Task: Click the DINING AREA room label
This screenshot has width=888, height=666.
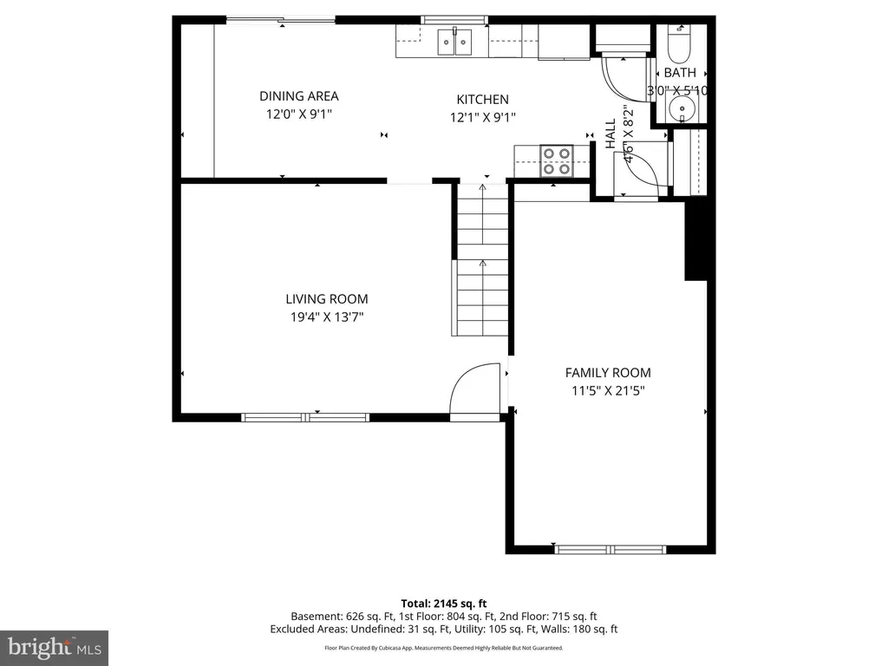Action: [299, 96]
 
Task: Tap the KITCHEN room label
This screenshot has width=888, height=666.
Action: [482, 100]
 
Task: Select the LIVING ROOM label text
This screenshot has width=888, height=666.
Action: [327, 299]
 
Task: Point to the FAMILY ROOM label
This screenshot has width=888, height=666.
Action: [608, 373]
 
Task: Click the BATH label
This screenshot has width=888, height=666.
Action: [680, 73]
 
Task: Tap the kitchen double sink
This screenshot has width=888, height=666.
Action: [454, 42]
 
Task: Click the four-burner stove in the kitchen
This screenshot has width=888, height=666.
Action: [556, 160]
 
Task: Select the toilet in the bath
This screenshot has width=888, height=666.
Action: [678, 45]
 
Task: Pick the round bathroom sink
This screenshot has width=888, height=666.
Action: [682, 107]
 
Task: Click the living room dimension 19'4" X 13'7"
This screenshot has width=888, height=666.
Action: [327, 317]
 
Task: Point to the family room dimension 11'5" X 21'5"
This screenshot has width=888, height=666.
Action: [608, 391]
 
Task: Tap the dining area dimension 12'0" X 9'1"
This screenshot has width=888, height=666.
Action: [299, 114]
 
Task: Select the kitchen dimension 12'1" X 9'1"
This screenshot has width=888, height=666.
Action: [482, 118]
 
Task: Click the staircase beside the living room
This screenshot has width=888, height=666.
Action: [482, 259]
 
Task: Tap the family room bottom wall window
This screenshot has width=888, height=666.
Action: [610, 549]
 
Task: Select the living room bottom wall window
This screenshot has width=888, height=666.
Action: [305, 418]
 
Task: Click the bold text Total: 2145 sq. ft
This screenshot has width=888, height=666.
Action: [444, 604]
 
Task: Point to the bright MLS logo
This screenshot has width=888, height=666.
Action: [55, 648]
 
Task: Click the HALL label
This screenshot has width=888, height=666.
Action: [610, 134]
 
